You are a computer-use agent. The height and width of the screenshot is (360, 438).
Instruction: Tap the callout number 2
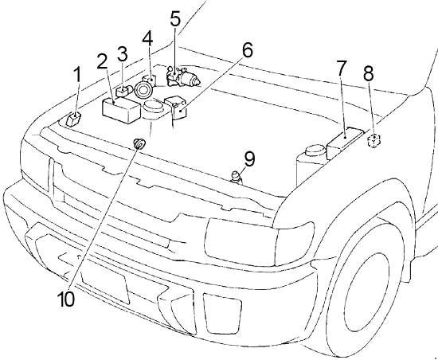click(103, 61)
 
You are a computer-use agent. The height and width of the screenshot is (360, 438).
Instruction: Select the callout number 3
click(123, 54)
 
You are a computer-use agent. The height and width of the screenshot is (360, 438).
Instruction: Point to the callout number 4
click(147, 38)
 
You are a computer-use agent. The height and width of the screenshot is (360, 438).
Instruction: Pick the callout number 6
click(247, 50)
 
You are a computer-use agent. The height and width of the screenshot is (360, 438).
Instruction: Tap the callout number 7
click(342, 68)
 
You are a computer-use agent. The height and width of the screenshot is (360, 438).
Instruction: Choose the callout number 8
click(369, 74)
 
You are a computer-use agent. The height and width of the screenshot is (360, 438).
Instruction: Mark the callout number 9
click(250, 159)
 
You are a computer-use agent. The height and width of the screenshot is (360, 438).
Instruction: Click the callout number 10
click(66, 299)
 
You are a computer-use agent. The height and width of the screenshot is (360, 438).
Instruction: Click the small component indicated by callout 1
click(73, 119)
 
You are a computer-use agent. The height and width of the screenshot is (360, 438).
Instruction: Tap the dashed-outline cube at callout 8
click(373, 140)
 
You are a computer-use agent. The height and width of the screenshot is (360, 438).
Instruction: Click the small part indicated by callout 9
click(236, 178)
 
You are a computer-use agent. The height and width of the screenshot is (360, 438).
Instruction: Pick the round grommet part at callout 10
click(139, 144)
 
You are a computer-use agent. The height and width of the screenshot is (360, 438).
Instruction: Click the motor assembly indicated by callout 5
click(183, 76)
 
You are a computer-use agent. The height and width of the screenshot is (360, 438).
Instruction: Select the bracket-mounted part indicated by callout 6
click(175, 108)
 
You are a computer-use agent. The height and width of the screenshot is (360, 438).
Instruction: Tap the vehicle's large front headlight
click(260, 242)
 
